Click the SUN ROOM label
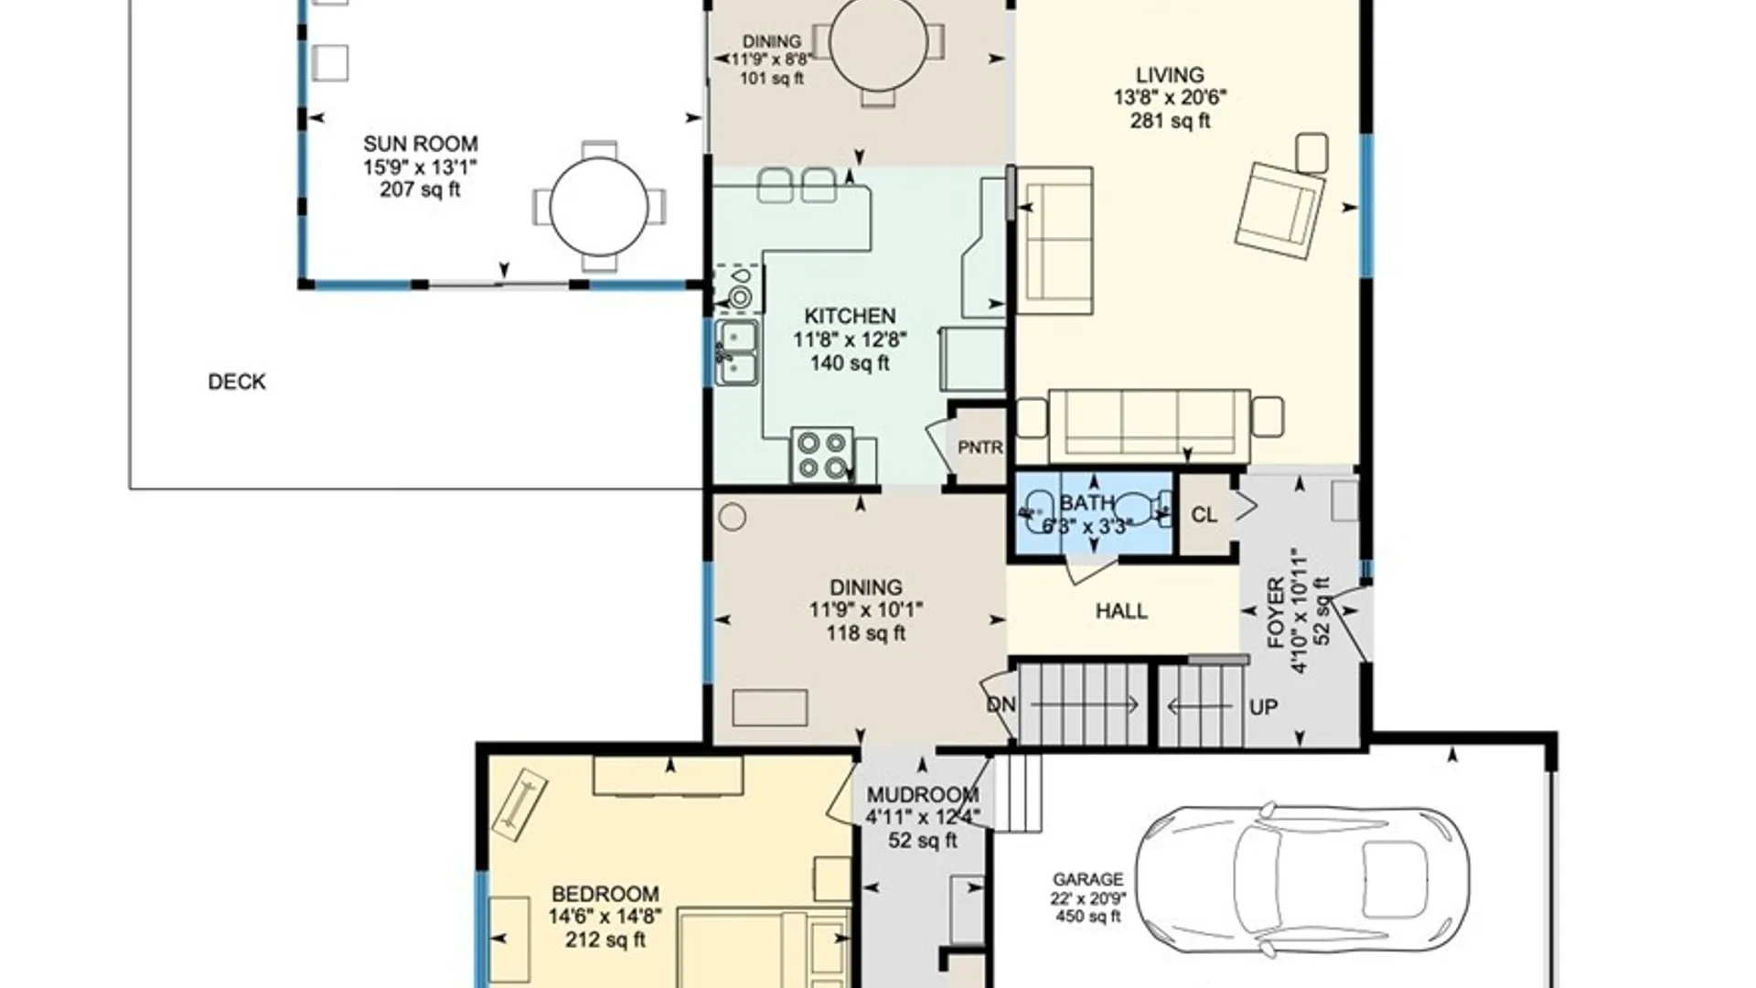pos(421,144)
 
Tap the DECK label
pos(237,381)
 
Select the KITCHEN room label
pos(850,317)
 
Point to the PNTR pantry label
pos(980,447)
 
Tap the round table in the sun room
pos(599,207)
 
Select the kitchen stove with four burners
pos(822,456)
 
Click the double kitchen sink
pos(736,351)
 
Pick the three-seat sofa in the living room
pos(1150,425)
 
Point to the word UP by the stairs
pos(1263,707)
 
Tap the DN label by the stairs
pos(1001,705)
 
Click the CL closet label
pos(1205,515)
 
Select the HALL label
pos(1121,611)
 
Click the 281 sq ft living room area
pos(1171,121)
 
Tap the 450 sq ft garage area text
pos(1088,917)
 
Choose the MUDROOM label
pos(923,795)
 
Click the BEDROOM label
pos(605,894)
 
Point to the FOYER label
pos(1277,614)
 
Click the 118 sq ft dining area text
pos(866,633)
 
